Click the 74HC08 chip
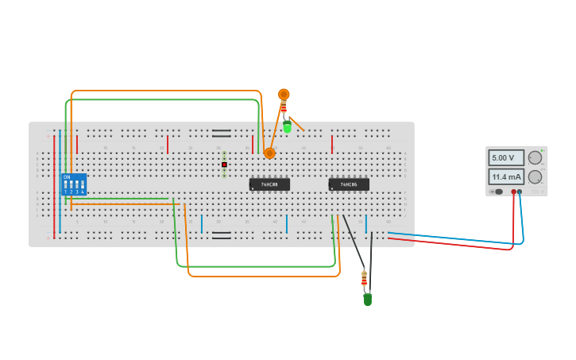click(269, 184)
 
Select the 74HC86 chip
click(349, 184)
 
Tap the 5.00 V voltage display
click(505, 158)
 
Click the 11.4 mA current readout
click(505, 176)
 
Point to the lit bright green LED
click(287, 126)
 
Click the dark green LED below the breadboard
click(367, 300)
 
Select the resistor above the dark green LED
click(364, 278)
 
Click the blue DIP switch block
click(73, 184)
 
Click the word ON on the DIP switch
click(67, 177)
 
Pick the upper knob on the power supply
click(535, 157)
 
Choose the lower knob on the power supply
click(535, 176)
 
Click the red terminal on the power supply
click(513, 192)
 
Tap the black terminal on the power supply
click(520, 192)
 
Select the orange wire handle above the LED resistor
click(284, 95)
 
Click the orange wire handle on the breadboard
click(269, 153)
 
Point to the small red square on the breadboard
click(224, 165)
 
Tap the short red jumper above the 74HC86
click(332, 144)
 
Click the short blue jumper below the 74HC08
click(287, 224)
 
